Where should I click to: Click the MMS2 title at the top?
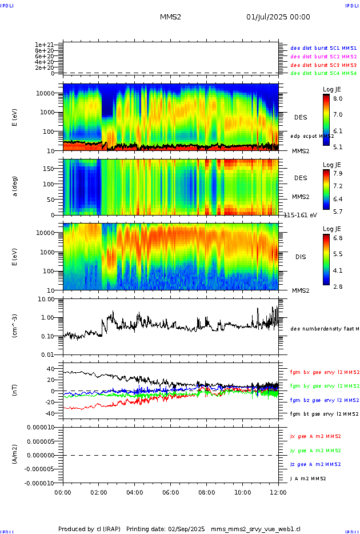pos(170,17)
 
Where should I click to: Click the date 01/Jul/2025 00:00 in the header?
pos(278,17)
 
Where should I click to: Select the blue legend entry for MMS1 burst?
pos(323,48)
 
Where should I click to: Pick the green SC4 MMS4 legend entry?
pos(323,73)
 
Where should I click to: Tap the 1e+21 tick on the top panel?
pos(44,45)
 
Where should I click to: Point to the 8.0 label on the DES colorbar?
pos(338,98)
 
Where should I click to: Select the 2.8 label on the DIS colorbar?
pos(338,286)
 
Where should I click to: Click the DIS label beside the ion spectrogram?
pos(301,257)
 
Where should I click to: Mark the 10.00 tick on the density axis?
pos(46,299)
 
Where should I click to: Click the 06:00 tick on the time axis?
pos(171,492)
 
